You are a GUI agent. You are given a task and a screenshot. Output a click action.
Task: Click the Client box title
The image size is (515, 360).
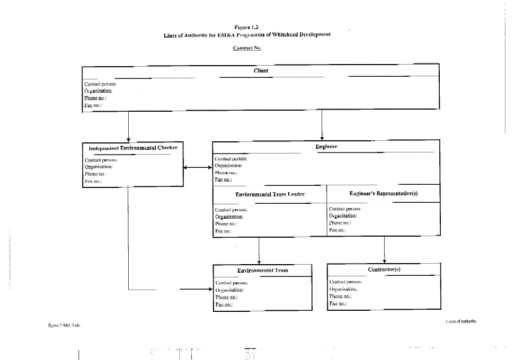tap(261, 70)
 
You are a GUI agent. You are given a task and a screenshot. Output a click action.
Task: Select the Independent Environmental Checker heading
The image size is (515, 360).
tap(132, 148)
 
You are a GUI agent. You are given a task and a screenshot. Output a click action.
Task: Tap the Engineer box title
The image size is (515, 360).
tap(326, 146)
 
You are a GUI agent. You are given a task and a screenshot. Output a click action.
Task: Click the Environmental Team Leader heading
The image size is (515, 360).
tap(270, 194)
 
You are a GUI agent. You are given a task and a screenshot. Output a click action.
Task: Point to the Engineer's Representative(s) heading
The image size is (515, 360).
tap(384, 194)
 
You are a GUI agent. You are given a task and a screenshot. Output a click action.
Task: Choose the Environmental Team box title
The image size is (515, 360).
tap(263, 270)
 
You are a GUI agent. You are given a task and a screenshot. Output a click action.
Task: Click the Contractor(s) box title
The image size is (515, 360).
tap(384, 269)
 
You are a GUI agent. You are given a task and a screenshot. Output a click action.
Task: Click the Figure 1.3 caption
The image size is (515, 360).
tap(246, 26)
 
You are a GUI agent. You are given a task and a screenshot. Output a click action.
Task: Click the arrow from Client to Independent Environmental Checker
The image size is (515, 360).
tap(129, 127)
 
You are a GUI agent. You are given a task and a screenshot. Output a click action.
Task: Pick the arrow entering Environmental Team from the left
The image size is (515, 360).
tap(196, 289)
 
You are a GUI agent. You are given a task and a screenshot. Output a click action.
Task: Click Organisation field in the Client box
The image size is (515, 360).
tap(98, 91)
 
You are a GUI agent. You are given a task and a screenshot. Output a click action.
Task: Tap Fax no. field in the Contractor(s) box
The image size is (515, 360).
tap(338, 304)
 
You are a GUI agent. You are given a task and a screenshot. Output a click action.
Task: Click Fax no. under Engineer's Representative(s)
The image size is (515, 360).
tap(338, 230)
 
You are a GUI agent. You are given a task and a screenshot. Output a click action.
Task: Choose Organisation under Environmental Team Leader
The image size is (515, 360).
tap(229, 217)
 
